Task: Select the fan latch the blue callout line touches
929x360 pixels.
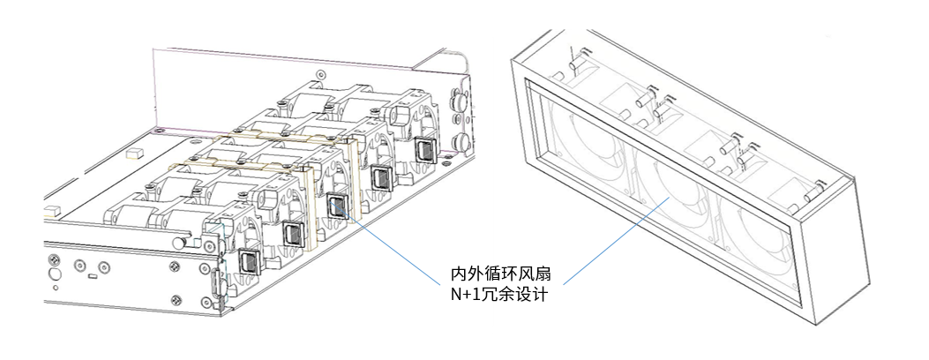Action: pyautogui.click(x=337, y=206)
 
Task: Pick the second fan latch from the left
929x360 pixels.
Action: pyautogui.click(x=293, y=234)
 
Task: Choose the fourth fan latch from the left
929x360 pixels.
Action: pyautogui.click(x=381, y=178)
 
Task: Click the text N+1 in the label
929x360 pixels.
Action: pyautogui.click(x=469, y=295)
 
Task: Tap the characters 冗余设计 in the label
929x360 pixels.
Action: pyautogui.click(x=521, y=295)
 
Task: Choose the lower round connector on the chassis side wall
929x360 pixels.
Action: pyautogui.click(x=460, y=141)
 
